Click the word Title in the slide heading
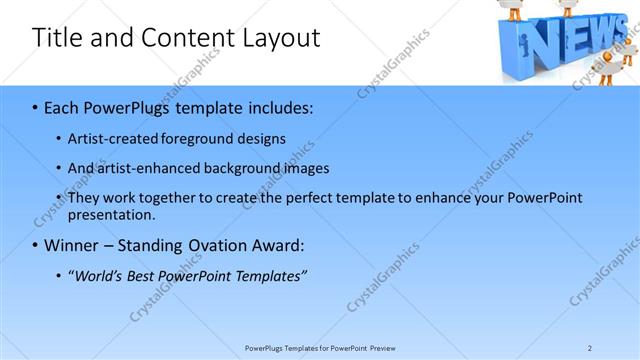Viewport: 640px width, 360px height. click(x=57, y=38)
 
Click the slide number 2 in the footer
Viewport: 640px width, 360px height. click(x=590, y=348)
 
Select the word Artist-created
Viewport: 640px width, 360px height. click(x=110, y=139)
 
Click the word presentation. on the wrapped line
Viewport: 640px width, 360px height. click(x=112, y=215)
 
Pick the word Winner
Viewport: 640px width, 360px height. click(x=70, y=245)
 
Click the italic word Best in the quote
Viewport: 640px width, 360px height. click(x=143, y=276)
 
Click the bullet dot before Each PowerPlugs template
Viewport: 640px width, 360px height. click(x=35, y=107)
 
